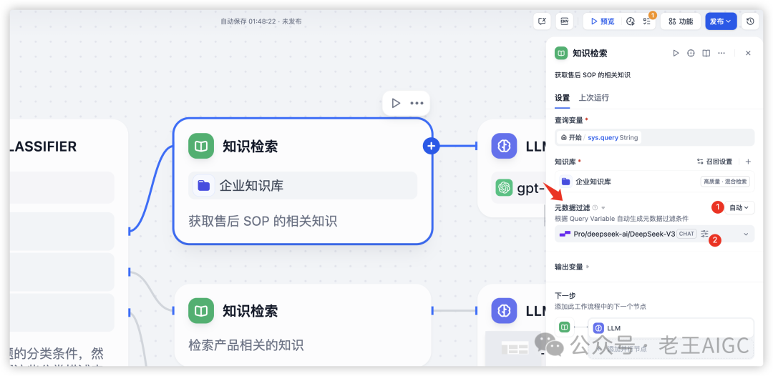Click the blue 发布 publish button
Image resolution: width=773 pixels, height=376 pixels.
[720, 21]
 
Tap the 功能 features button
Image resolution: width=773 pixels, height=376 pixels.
[680, 21]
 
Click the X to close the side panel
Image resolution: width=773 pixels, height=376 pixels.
[748, 53]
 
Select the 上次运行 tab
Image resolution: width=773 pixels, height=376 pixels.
[593, 97]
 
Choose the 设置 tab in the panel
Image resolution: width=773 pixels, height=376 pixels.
[562, 97]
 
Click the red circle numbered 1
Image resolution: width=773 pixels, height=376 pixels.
[717, 207]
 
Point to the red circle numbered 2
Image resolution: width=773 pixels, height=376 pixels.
[714, 241]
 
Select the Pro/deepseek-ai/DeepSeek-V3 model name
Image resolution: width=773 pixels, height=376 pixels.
[624, 234]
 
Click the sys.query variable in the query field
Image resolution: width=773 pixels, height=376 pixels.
[603, 137]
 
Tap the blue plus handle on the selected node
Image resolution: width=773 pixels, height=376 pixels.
[431, 146]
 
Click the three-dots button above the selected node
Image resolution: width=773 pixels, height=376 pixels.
[417, 103]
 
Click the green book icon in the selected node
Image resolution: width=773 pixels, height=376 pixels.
[202, 146]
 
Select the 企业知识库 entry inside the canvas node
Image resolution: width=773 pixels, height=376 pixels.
[251, 185]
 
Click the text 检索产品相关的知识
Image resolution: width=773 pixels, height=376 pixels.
[245, 345]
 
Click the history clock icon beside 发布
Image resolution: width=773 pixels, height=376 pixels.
[750, 21]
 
